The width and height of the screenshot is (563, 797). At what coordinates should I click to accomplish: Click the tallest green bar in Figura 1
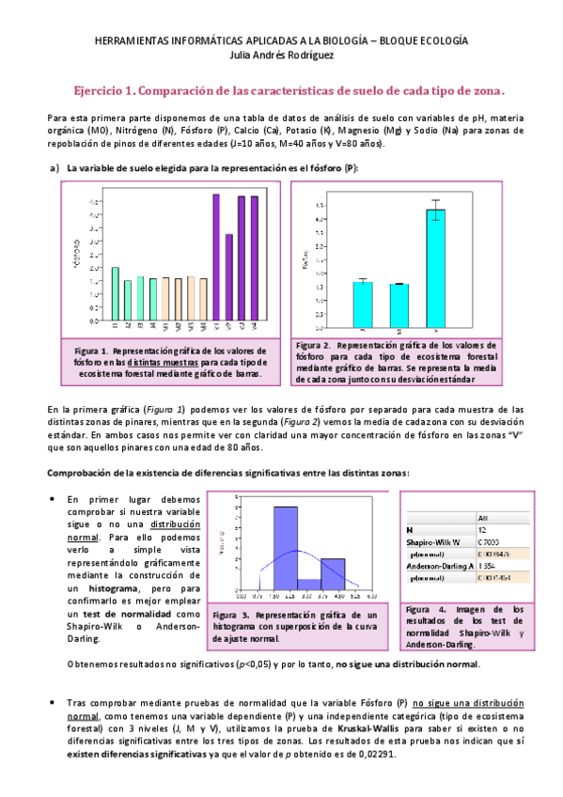point(115,293)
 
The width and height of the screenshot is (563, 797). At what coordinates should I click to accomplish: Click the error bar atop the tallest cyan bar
point(436,209)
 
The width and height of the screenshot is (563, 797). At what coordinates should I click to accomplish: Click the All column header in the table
point(483,516)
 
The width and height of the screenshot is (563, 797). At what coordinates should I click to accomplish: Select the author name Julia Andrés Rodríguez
point(281,55)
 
